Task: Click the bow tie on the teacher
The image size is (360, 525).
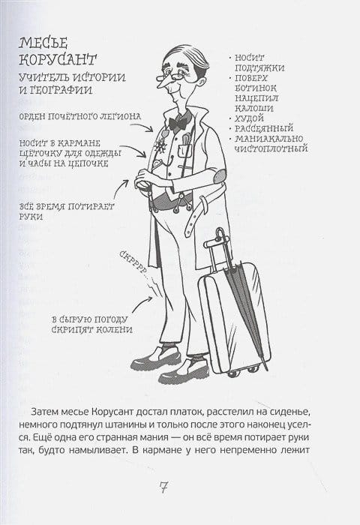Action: (178, 124)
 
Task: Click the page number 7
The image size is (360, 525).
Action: (163, 487)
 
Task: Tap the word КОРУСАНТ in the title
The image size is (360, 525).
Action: (58, 59)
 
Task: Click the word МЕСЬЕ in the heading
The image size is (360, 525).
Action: (43, 43)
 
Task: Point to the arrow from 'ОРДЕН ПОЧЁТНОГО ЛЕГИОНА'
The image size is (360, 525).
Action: (142, 127)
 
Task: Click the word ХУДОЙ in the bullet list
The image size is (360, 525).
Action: (249, 118)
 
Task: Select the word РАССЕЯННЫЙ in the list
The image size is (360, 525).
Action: (264, 128)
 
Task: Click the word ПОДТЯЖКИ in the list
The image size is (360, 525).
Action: (259, 68)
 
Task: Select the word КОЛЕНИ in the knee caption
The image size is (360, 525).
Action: (114, 329)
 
